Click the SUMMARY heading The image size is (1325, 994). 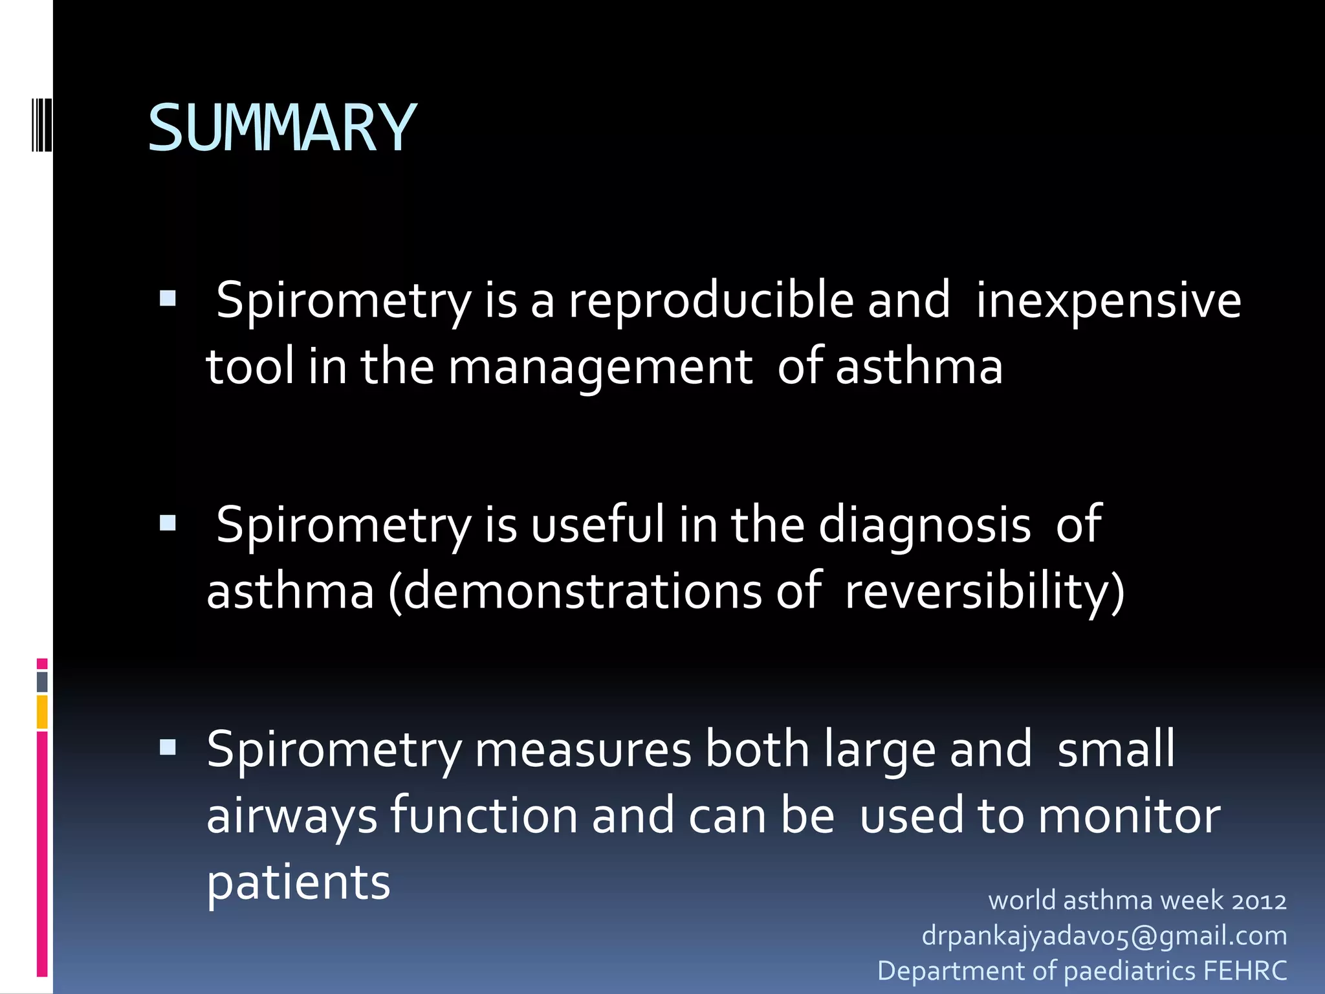pyautogui.click(x=282, y=128)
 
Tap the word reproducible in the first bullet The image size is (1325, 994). pyautogui.click(x=710, y=301)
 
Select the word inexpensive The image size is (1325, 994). pyautogui.click(x=1108, y=301)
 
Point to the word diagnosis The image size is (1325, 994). pyautogui.click(x=924, y=525)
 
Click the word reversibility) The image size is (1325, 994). pyautogui.click(x=984, y=591)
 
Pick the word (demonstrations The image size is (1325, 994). pyautogui.click(x=575, y=591)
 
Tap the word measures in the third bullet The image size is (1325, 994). pyautogui.click(x=582, y=749)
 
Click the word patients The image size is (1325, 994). pyautogui.click(x=298, y=881)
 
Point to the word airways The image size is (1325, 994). pyautogui.click(x=291, y=817)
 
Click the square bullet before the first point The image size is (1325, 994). pyautogui.click(x=168, y=298)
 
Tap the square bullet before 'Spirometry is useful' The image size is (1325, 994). pyautogui.click(x=168, y=522)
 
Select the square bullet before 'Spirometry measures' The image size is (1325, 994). pyautogui.click(x=168, y=747)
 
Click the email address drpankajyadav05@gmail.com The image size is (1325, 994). pyautogui.click(x=1104, y=936)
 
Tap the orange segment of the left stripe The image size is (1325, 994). pyautogui.click(x=42, y=712)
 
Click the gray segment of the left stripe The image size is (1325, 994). pyautogui.click(x=42, y=681)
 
